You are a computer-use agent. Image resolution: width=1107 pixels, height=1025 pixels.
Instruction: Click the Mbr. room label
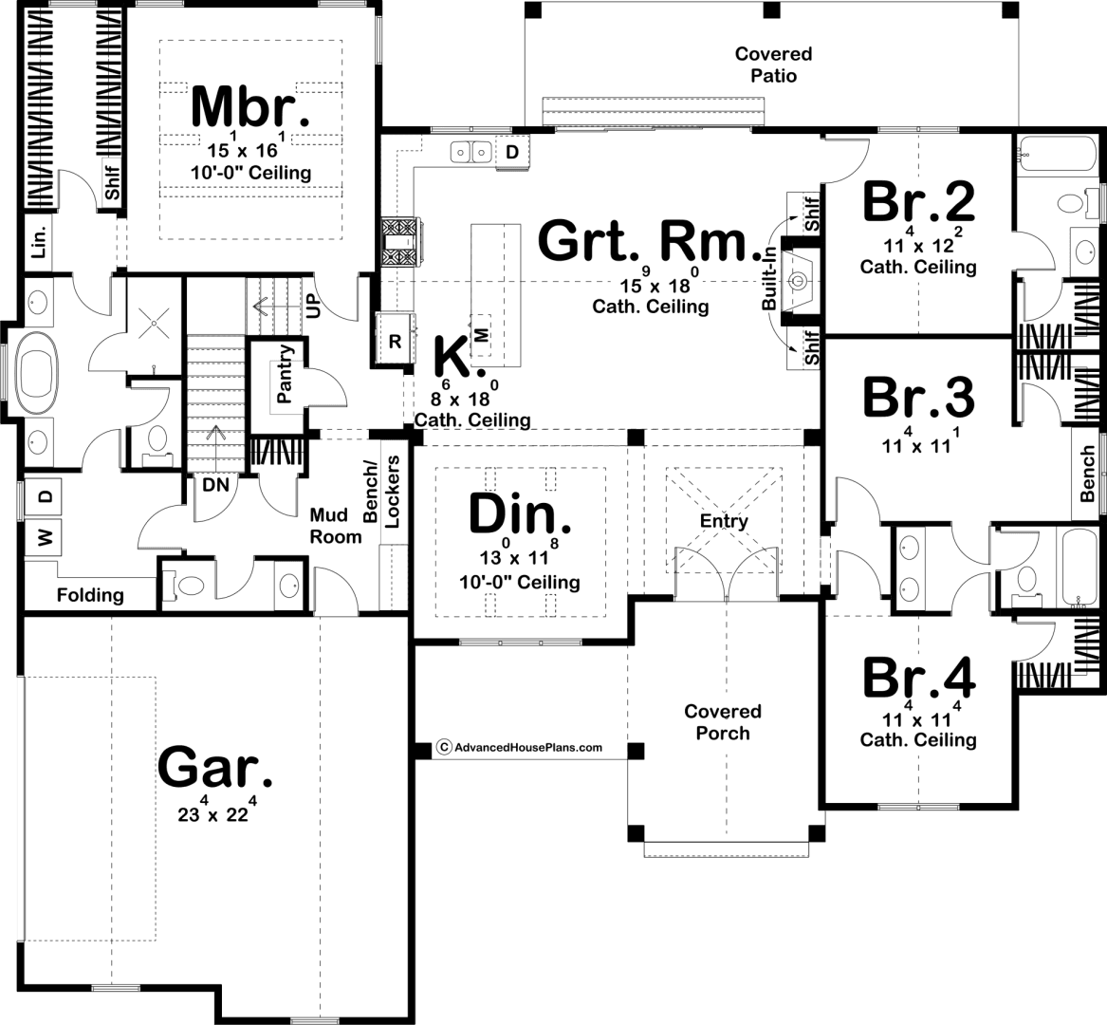click(249, 106)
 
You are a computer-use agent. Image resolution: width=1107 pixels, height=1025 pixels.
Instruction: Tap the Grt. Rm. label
click(651, 241)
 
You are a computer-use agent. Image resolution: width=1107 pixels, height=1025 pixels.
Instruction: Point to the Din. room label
click(520, 513)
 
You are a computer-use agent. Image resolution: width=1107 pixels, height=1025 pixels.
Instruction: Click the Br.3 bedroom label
click(918, 397)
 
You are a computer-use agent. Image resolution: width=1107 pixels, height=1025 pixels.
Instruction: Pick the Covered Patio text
click(774, 65)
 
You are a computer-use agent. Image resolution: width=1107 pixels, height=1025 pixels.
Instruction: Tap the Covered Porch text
click(723, 722)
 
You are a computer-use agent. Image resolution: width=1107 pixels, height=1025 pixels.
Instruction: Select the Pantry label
click(285, 374)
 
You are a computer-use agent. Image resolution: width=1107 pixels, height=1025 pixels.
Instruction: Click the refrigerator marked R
click(395, 341)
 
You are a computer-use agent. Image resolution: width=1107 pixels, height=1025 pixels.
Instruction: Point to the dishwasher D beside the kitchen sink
click(512, 152)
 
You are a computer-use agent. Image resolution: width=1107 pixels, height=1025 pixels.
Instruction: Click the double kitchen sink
click(472, 152)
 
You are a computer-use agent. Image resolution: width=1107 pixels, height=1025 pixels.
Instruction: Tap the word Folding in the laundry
click(90, 595)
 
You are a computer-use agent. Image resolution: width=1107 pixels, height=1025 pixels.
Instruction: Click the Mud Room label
click(336, 526)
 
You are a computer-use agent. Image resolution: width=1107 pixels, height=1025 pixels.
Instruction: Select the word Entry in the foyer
click(724, 521)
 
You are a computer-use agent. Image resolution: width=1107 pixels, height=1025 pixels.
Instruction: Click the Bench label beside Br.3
click(1087, 474)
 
